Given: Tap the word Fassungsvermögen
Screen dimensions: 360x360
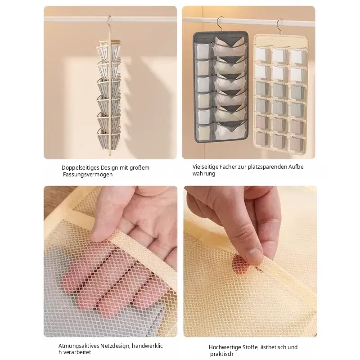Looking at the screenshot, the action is point(88,175).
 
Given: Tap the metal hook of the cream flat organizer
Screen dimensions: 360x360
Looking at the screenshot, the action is point(280,27).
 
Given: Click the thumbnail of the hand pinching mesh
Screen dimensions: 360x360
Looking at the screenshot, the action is point(250,261).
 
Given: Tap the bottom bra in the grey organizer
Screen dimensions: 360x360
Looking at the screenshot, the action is point(230,131).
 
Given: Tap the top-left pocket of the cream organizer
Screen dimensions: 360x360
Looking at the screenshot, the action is point(262,54).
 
